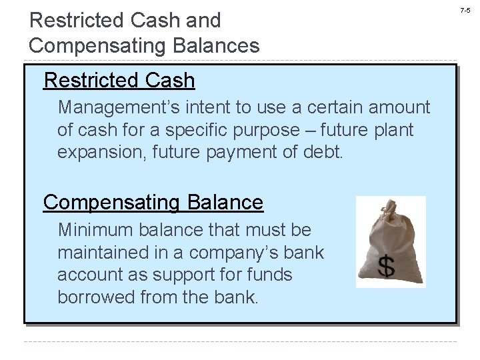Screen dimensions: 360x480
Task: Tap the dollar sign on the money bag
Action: (x=387, y=266)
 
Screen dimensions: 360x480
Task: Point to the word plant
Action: (x=395, y=129)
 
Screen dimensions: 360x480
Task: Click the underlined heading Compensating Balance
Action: (x=153, y=201)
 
